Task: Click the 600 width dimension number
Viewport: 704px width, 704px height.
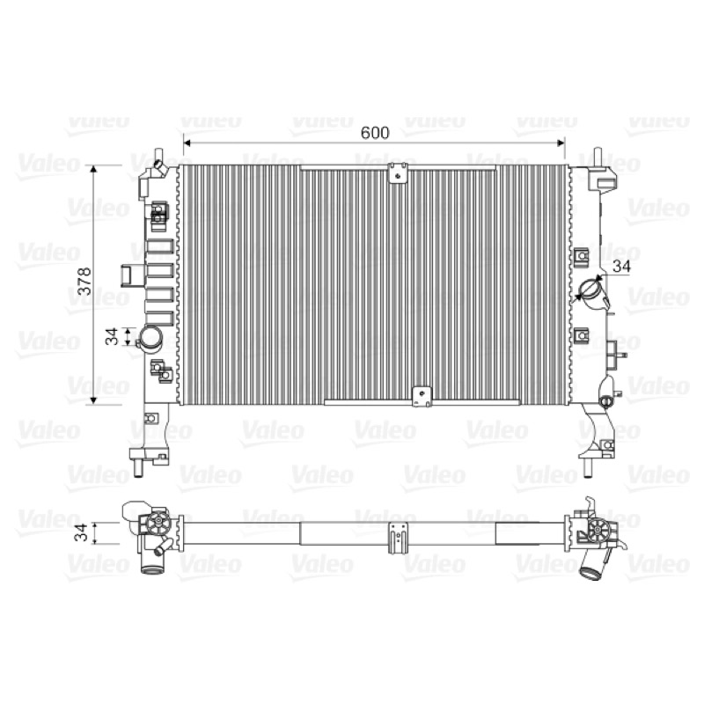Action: [375, 133]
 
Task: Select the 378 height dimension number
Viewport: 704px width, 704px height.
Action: [84, 281]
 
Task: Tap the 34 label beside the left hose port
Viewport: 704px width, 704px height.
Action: [112, 336]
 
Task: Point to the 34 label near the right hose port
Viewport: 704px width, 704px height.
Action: [622, 267]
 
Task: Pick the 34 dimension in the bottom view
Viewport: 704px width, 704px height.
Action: [81, 532]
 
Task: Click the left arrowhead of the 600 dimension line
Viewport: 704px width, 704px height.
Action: [187, 143]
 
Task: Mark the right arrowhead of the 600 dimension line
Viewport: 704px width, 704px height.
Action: [561, 143]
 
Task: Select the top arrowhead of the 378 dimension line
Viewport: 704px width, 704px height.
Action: [93, 169]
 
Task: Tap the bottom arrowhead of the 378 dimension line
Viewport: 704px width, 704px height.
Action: [93, 400]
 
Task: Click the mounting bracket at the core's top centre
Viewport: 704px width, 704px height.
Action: [398, 172]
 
